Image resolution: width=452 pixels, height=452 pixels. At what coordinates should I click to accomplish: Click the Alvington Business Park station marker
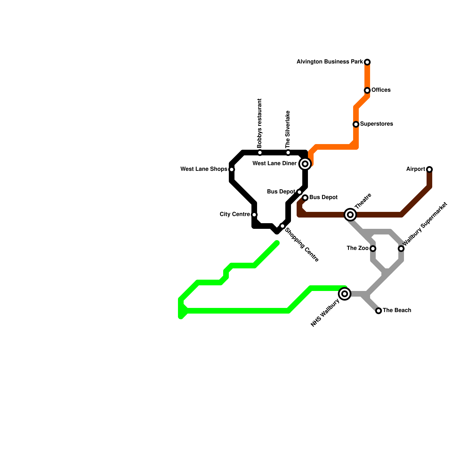[367, 62]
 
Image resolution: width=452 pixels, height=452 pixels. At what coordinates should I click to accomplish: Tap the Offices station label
[381, 90]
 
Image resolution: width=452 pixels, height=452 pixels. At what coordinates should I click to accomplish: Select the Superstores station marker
[356, 124]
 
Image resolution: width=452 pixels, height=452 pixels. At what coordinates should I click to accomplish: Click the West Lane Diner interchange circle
[305, 164]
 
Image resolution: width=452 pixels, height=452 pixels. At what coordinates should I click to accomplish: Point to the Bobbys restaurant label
[260, 123]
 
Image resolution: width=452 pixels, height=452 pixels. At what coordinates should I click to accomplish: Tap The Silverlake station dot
[288, 153]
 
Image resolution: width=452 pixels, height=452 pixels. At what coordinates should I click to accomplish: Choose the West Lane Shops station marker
[232, 169]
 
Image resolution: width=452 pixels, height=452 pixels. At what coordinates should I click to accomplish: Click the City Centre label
[234, 214]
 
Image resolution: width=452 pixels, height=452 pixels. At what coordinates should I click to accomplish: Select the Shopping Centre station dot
[282, 226]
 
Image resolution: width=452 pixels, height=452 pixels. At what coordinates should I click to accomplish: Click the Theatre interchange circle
[350, 215]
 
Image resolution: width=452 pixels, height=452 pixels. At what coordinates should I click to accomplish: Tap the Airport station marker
[429, 169]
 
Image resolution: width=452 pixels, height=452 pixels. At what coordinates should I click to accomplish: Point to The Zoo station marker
[373, 249]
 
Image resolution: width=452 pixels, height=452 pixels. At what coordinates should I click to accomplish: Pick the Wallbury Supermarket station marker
[401, 249]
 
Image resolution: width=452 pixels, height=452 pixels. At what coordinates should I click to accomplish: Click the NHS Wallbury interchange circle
[345, 294]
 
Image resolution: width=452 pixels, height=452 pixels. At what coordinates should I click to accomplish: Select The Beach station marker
[379, 311]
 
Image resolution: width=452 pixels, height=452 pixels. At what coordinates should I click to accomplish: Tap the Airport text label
[416, 169]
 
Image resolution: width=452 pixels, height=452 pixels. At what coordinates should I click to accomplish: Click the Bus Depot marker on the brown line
[305, 198]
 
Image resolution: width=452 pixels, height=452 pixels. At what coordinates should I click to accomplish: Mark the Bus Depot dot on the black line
[299, 192]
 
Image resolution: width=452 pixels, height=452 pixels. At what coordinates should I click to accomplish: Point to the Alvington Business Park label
[330, 62]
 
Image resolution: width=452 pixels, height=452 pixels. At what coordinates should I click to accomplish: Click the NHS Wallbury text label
[325, 313]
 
